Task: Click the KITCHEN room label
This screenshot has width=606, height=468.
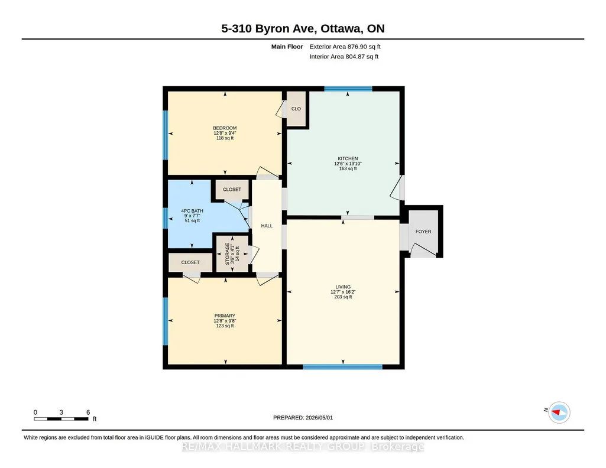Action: (348, 158)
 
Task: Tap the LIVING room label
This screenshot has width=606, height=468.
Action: (343, 287)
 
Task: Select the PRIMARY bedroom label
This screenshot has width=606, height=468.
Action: (225, 316)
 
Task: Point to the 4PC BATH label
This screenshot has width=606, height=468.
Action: (192, 211)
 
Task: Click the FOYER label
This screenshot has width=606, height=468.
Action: (423, 232)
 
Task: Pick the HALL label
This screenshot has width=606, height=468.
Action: (267, 226)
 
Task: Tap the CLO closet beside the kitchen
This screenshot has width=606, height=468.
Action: (296, 109)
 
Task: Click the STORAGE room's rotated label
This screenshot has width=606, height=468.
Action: (227, 253)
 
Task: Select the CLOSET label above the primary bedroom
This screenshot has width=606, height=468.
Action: (190, 262)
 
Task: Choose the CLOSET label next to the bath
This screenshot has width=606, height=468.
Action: (232, 189)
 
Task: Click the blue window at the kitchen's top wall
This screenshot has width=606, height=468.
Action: (348, 89)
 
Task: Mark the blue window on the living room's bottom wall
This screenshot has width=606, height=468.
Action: (343, 367)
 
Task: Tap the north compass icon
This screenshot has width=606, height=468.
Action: (559, 412)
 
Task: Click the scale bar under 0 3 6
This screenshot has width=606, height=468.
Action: (61, 419)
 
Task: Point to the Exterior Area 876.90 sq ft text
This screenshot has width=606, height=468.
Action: (345, 47)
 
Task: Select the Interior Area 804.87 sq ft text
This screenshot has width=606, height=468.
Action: (344, 56)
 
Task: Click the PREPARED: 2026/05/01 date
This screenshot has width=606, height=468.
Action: (303, 417)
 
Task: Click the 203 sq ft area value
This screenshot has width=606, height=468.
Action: (343, 297)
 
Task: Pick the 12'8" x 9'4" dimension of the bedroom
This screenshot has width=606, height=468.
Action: (225, 133)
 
